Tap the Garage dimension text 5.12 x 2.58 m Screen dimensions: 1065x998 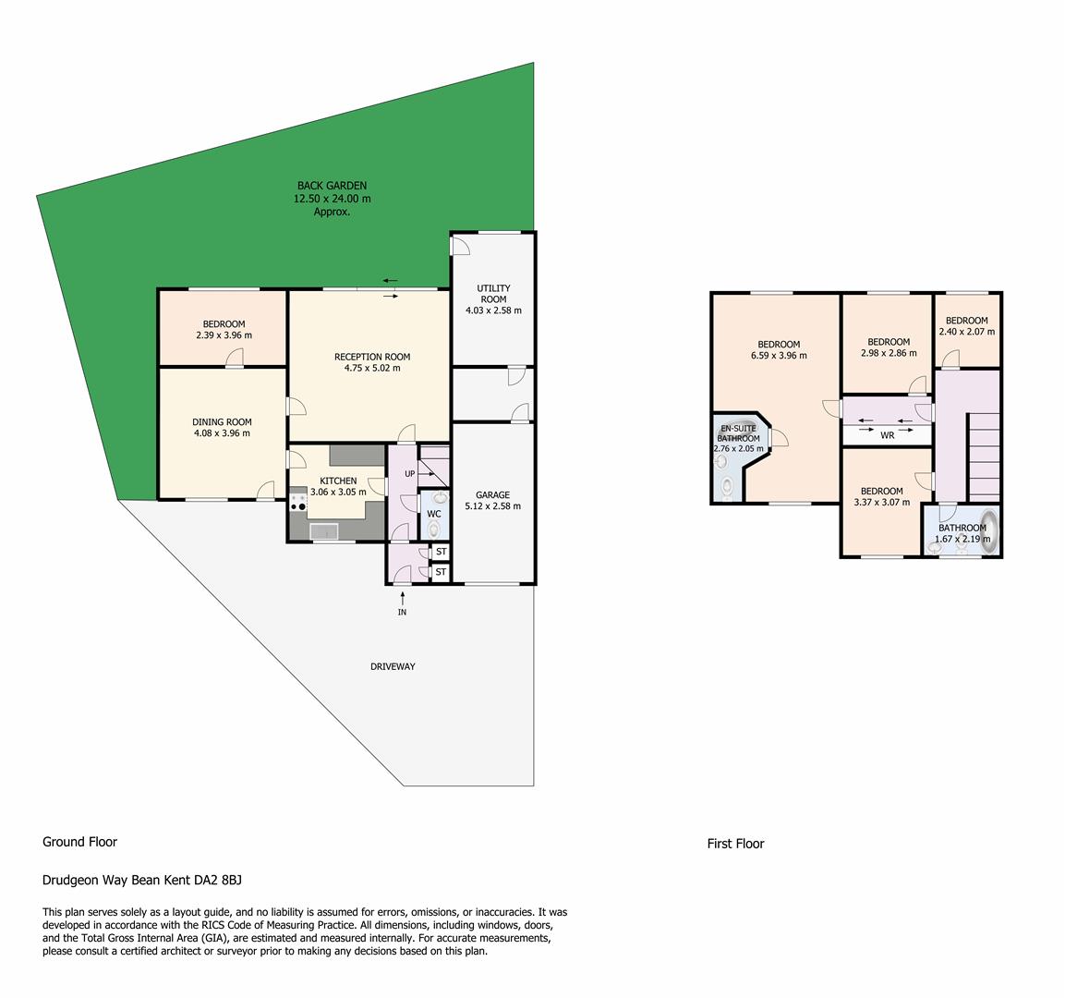[x=492, y=506]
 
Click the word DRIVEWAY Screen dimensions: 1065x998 [x=393, y=666]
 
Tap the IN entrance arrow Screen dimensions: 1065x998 [x=403, y=599]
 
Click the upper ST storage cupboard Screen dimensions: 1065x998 [x=442, y=552]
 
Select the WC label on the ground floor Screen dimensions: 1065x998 [x=434, y=515]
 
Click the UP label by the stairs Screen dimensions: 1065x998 [x=409, y=473]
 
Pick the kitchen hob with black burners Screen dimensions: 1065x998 [x=297, y=502]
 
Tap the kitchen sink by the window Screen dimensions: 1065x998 [x=324, y=531]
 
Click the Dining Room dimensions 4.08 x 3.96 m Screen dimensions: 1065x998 [x=222, y=432]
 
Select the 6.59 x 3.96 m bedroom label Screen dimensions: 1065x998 [x=779, y=350]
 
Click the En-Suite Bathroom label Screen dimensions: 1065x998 [x=738, y=433]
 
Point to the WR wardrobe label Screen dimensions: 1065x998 [x=887, y=435]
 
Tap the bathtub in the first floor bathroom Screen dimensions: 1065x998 [x=991, y=530]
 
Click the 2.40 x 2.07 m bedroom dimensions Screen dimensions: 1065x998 [x=967, y=332]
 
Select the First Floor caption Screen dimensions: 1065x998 [x=735, y=844]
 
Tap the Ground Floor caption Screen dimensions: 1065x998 [x=80, y=842]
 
